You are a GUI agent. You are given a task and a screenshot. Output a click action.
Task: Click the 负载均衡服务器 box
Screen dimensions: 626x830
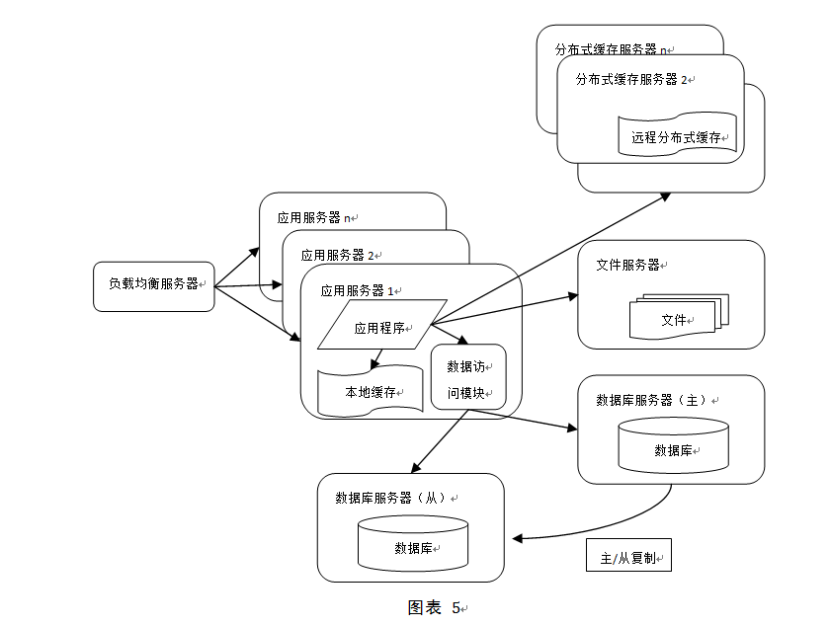[153, 286]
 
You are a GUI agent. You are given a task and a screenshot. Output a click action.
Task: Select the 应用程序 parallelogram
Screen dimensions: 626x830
[381, 325]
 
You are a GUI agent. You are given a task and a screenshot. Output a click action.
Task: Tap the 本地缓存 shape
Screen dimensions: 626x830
[370, 392]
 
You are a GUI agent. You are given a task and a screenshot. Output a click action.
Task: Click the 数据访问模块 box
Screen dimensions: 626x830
[468, 378]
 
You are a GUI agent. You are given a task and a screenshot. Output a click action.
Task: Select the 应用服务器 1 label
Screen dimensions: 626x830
[358, 290]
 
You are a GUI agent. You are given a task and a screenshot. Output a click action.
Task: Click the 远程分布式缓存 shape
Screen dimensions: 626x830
[676, 136]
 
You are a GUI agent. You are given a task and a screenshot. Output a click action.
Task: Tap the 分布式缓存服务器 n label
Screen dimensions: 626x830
[613, 48]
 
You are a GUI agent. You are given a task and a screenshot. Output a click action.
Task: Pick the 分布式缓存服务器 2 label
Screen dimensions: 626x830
[632, 79]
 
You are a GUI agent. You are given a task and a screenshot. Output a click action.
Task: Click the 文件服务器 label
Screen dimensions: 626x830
[628, 265]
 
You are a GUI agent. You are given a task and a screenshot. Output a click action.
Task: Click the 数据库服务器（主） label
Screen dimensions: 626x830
[653, 400]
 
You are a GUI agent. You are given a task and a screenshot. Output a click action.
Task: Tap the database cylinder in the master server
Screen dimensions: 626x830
[673, 445]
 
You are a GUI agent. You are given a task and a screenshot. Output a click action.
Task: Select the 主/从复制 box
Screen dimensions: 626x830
[628, 556]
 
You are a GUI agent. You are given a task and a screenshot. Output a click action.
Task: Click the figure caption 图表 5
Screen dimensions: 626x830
[435, 607]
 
